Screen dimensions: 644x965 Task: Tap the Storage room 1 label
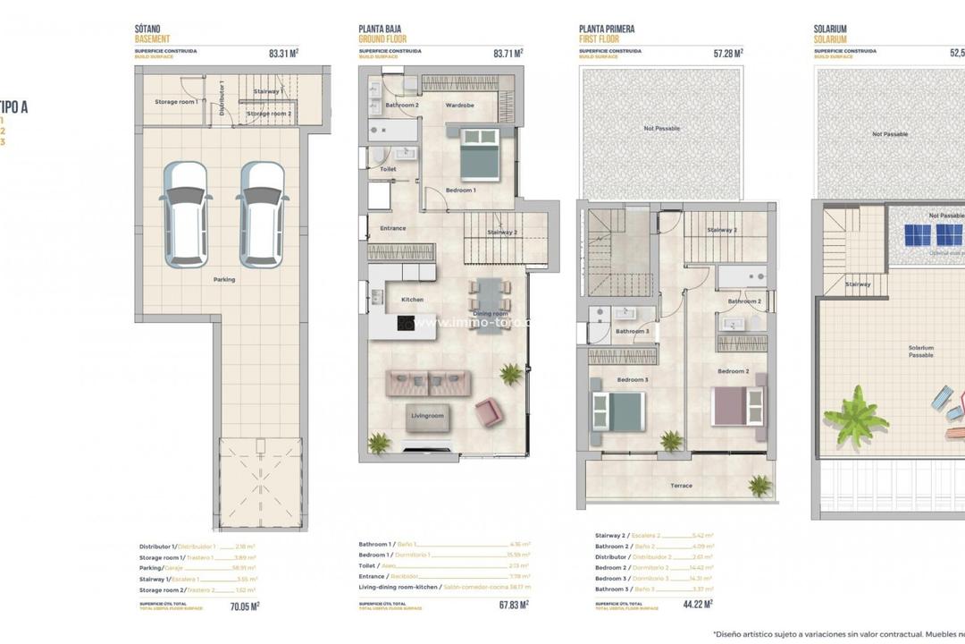[x=176, y=102]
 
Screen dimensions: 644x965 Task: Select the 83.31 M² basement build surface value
[x=283, y=53]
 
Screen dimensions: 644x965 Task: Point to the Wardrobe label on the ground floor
[x=459, y=106]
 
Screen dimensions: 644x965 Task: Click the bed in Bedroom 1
[x=480, y=155]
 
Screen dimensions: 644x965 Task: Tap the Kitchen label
[x=412, y=300]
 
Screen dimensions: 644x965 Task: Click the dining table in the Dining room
[x=490, y=304]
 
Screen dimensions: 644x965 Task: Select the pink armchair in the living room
[x=489, y=412]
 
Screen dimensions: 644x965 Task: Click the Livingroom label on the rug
[x=427, y=416]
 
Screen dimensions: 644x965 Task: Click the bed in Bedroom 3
[x=617, y=410]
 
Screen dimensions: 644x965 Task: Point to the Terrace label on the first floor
[x=681, y=486]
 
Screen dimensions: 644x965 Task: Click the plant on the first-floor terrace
[x=760, y=486]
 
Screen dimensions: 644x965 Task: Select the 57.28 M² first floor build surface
[x=727, y=53]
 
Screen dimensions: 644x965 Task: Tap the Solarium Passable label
[x=920, y=352]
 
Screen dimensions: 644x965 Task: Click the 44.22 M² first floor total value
[x=697, y=605]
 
